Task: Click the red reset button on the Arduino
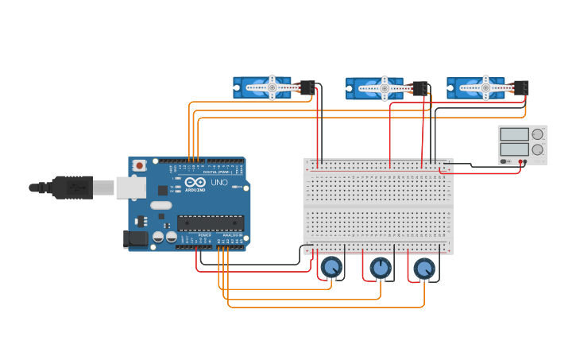click(x=140, y=165)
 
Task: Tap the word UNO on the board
click(x=219, y=183)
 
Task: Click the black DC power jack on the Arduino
click(x=136, y=238)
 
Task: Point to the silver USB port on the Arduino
click(x=130, y=188)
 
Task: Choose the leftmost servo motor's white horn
click(x=272, y=87)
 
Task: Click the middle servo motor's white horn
click(x=385, y=88)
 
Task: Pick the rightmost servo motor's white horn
click(x=485, y=88)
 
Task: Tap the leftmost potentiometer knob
click(x=331, y=266)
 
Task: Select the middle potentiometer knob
click(x=381, y=268)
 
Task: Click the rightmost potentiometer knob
click(x=424, y=269)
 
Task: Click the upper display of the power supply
click(x=515, y=134)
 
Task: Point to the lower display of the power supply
click(x=515, y=149)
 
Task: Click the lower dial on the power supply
click(x=537, y=149)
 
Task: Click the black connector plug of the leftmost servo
click(x=307, y=87)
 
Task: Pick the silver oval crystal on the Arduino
click(x=160, y=206)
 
